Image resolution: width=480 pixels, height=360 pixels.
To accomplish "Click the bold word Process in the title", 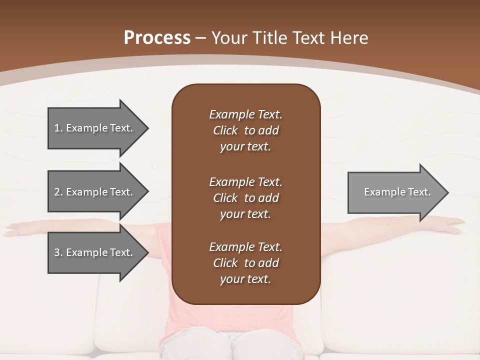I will click(157, 38).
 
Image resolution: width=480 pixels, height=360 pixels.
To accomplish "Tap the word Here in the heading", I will click(349, 38).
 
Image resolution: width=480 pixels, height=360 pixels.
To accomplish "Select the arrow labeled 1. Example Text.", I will click(95, 128).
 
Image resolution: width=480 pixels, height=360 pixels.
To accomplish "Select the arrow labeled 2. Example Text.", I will click(95, 192).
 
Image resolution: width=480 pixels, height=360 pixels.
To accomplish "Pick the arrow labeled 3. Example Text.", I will click(95, 252).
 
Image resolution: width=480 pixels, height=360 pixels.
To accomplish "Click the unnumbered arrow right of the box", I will click(395, 192).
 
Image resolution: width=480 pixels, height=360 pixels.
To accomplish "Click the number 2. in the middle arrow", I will click(58, 192).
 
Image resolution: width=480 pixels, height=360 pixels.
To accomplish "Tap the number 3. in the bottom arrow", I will click(58, 252).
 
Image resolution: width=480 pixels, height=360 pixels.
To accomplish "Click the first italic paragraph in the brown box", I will click(245, 130).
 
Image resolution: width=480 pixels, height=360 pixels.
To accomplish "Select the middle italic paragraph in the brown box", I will click(245, 198).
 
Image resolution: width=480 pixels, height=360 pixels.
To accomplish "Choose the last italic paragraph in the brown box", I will click(245, 263).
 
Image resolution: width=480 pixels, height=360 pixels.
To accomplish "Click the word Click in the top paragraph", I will click(225, 130).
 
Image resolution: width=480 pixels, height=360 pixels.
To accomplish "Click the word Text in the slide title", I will click(309, 38).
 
